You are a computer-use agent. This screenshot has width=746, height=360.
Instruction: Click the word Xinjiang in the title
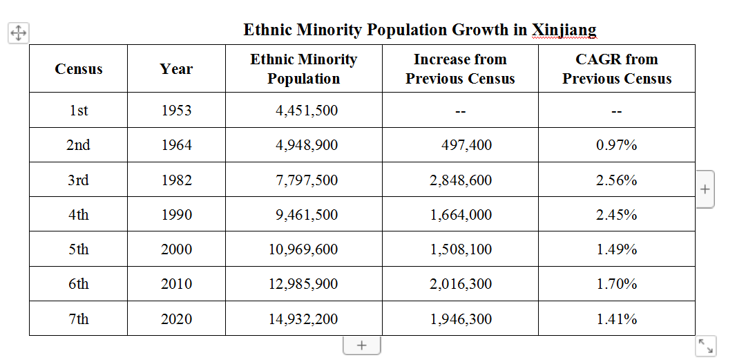(x=564, y=30)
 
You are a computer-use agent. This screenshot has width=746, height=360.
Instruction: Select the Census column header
(x=79, y=68)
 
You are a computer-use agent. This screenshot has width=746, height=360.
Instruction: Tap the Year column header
(x=176, y=68)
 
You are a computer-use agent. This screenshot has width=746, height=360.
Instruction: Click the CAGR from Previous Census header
(x=617, y=68)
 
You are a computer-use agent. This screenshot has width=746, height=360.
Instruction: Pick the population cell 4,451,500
(x=307, y=111)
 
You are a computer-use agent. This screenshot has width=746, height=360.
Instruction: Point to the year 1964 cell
(x=177, y=145)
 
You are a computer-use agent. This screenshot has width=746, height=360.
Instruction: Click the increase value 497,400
(x=466, y=145)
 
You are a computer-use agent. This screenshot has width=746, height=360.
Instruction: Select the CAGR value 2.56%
(x=617, y=180)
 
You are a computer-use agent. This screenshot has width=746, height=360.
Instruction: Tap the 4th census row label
(x=79, y=215)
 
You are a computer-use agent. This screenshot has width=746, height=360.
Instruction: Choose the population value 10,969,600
(x=303, y=249)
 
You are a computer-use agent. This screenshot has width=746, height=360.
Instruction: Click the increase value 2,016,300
(x=461, y=284)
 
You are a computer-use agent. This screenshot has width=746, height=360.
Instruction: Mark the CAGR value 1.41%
(x=617, y=319)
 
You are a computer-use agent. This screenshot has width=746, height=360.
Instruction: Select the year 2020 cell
(x=177, y=319)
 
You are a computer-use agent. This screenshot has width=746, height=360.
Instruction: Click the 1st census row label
(x=79, y=111)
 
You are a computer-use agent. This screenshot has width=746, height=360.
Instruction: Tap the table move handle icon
(x=18, y=33)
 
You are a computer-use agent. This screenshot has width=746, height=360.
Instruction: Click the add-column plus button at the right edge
(x=705, y=189)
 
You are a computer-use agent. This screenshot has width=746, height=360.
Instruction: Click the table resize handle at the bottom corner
(x=705, y=345)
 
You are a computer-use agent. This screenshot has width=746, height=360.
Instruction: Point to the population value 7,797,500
(x=307, y=180)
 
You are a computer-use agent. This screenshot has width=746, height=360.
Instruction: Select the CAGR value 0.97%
(x=617, y=145)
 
